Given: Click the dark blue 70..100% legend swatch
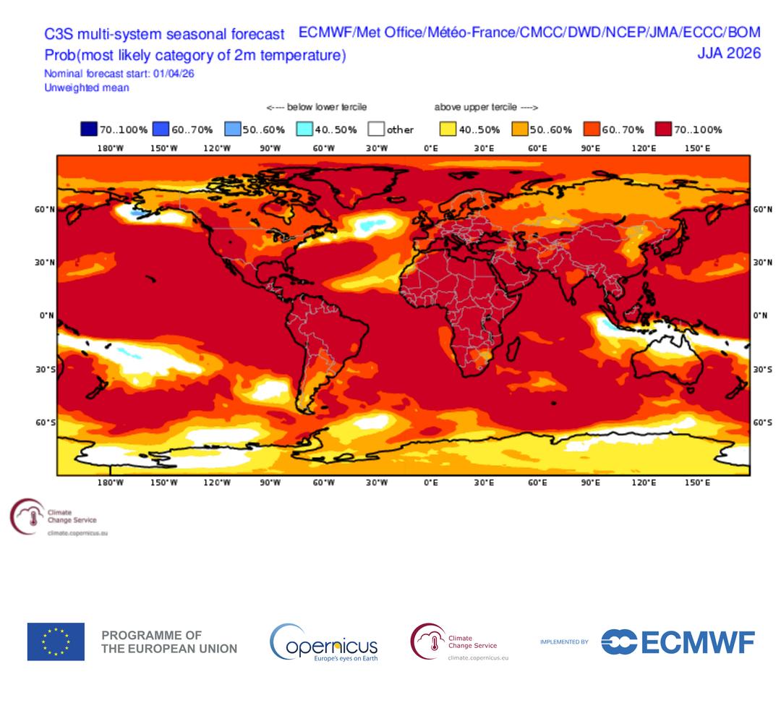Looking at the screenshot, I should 89,130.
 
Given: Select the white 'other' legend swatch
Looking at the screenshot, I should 375,130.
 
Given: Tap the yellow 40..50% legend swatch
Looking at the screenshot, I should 448,130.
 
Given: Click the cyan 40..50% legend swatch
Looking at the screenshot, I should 304,130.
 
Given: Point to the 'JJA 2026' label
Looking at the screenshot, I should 728,53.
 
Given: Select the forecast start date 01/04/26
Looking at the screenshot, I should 174,74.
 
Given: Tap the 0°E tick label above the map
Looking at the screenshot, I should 430,148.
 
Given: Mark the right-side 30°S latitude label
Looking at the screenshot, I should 762,369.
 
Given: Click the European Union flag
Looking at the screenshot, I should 56,642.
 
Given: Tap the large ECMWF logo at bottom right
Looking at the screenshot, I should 678,642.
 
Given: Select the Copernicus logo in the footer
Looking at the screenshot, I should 324,642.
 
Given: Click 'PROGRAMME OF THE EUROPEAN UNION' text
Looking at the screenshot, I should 169,642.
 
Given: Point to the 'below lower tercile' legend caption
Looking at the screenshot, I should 317,107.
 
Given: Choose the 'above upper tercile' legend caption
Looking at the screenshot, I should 486,107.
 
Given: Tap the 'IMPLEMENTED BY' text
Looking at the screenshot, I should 564,642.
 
